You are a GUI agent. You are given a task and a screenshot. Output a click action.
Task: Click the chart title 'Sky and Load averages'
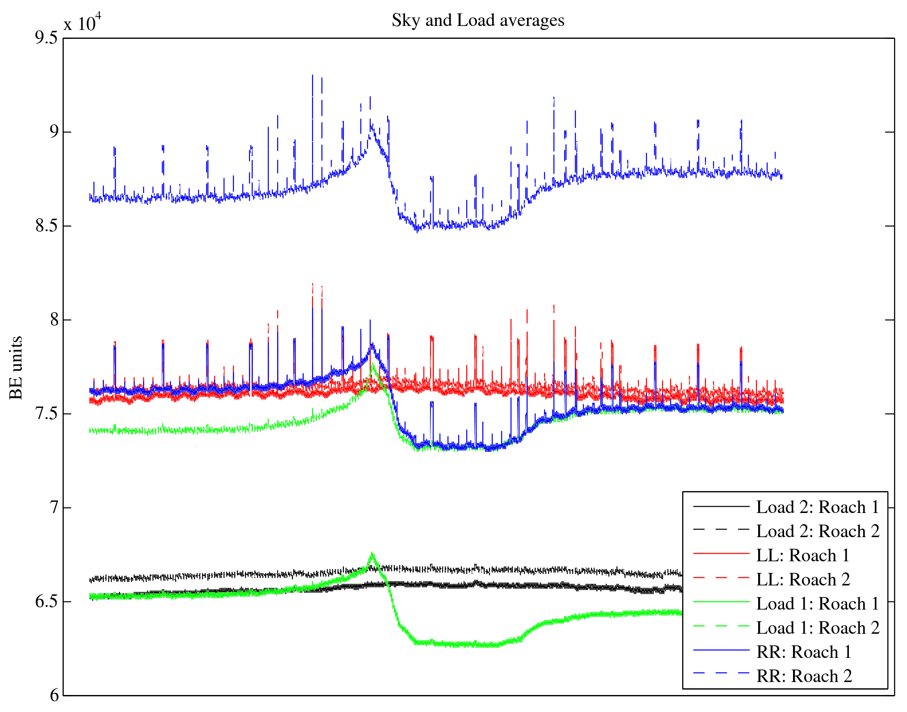[478, 21]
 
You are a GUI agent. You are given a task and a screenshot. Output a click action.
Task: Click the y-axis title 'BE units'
[16, 368]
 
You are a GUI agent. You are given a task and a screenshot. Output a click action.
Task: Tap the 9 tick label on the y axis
[54, 132]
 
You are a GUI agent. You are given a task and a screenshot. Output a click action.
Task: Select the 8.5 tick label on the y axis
[46, 226]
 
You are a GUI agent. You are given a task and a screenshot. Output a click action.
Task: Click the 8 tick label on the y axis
[54, 320]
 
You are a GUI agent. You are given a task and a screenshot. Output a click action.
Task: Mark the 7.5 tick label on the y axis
[46, 414]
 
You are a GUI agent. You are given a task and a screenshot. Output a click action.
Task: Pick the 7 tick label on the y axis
[54, 508]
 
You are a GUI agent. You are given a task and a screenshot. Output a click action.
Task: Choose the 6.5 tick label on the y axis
[46, 602]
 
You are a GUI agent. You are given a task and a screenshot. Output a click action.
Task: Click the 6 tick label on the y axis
[54, 695]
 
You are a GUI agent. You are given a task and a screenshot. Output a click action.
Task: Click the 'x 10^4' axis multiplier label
[82, 22]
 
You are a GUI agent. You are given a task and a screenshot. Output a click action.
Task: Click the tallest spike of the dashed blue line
[312, 76]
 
